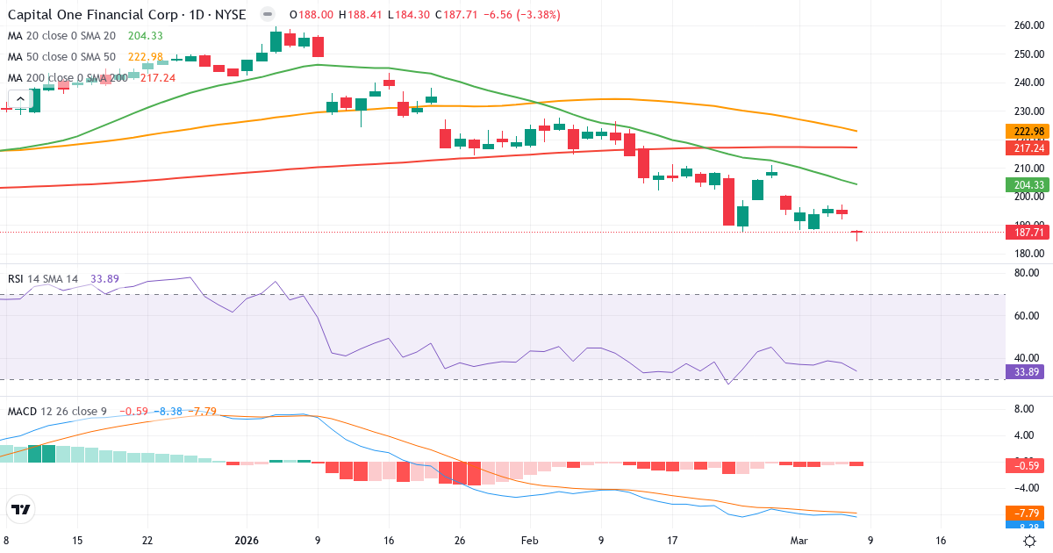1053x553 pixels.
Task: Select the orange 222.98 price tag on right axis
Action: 1025,132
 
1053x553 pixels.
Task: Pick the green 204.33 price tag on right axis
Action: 1025,185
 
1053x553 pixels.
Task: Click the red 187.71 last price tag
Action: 1025,233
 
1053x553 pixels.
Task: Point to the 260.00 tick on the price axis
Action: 1028,25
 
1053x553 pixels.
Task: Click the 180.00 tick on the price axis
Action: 1028,255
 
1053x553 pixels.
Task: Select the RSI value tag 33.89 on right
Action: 1025,371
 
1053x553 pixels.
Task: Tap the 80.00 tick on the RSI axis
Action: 1028,273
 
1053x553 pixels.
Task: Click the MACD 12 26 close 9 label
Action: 59,412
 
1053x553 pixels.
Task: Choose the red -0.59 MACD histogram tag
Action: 1025,466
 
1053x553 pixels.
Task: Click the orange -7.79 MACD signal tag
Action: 1025,513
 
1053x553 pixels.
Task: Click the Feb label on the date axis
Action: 529,542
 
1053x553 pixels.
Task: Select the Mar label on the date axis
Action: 799,542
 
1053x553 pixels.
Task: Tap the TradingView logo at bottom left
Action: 21,509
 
